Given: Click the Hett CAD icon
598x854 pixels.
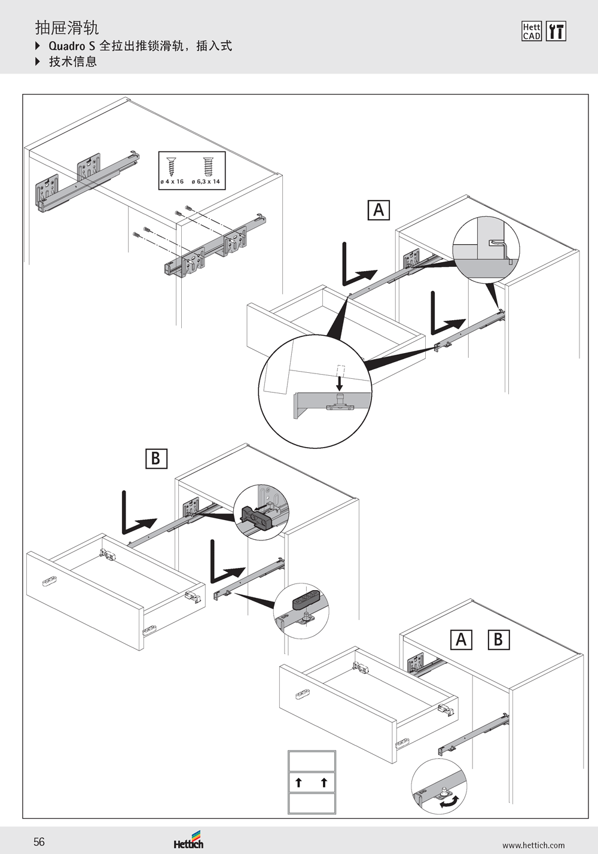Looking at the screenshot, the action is coord(532,31).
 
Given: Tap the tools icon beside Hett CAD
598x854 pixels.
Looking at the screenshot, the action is coord(556,31).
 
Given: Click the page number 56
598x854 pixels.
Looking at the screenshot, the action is coord(39,841).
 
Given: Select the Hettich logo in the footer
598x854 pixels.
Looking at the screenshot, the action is coord(188,840).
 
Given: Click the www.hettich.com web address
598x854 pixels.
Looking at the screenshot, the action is coord(533,845).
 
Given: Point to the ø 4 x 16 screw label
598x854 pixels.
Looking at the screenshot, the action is coord(172,181).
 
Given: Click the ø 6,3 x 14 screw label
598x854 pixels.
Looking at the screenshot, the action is coord(206,181).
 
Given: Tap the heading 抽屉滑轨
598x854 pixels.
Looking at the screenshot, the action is coord(67,28).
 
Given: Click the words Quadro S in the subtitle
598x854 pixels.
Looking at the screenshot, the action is coord(72,46).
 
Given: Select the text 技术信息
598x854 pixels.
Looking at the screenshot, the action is coord(73,62).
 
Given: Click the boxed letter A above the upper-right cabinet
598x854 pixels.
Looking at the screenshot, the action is coord(379,209).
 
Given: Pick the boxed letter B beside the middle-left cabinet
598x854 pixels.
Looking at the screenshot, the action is coord(156,458).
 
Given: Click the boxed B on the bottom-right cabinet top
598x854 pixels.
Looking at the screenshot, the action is coord(499,639).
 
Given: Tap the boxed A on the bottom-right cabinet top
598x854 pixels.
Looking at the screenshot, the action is coord(461,639).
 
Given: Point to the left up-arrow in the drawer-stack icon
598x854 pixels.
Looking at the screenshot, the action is coord(298,782).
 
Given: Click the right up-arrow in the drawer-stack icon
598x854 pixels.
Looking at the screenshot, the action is coord(324,782).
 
